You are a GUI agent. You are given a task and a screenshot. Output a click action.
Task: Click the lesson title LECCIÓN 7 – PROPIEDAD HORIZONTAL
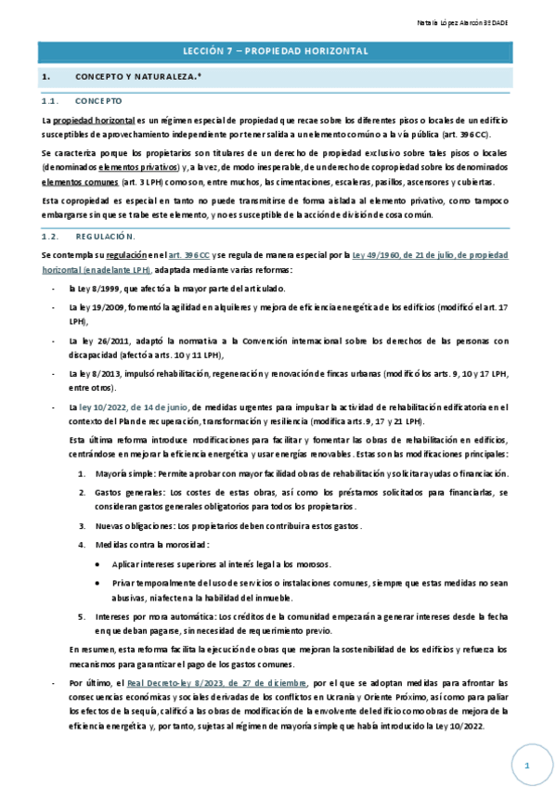(x=278, y=51)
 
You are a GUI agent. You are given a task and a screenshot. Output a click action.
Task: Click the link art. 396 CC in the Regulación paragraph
(x=188, y=254)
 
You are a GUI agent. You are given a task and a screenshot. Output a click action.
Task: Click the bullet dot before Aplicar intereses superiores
(x=100, y=563)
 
